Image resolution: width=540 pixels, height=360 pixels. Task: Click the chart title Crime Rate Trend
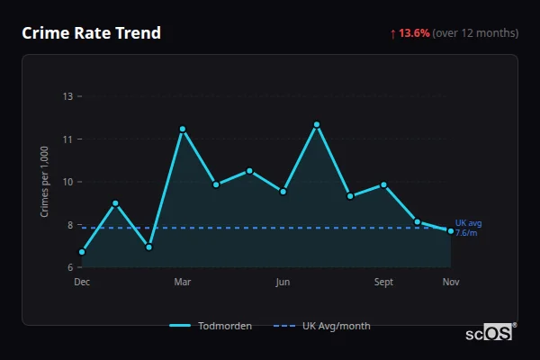(x=91, y=33)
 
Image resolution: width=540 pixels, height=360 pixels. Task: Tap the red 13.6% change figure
(x=415, y=33)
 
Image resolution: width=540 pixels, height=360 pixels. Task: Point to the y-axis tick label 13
(x=68, y=96)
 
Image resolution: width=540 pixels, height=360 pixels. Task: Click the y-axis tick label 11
(x=68, y=139)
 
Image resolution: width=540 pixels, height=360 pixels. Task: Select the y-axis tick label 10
(x=68, y=182)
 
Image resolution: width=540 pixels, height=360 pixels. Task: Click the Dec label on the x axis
(x=82, y=282)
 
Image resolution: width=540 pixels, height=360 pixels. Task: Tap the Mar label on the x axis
(x=183, y=282)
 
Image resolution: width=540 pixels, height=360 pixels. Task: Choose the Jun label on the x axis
(x=283, y=282)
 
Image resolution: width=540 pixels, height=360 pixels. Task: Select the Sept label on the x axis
(x=383, y=282)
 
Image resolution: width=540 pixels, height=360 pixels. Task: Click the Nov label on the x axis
(x=451, y=282)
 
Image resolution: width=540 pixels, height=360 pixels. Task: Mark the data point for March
(x=183, y=129)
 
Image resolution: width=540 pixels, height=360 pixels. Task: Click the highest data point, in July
(x=317, y=124)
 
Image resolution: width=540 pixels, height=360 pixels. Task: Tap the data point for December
(x=82, y=252)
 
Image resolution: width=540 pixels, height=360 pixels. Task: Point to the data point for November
(x=451, y=231)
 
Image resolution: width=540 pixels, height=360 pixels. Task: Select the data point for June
(x=283, y=192)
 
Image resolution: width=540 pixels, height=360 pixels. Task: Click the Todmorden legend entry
(x=211, y=326)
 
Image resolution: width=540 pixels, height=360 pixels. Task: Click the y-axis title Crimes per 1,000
(x=44, y=182)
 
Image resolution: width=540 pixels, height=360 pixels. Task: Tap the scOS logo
(x=490, y=333)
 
